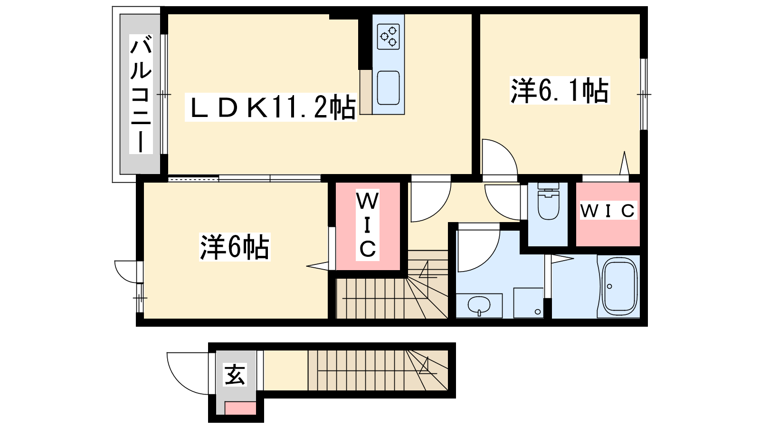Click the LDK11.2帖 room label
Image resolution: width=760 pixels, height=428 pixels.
tap(271, 107)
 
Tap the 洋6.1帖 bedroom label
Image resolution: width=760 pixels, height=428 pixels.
tap(560, 90)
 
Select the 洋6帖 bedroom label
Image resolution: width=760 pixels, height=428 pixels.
tap(235, 247)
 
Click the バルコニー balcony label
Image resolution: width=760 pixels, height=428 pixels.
tap(141, 96)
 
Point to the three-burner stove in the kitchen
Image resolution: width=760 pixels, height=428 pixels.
tap(389, 37)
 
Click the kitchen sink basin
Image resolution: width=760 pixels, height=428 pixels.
tap(388, 88)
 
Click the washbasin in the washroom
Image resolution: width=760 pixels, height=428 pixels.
tap(479, 305)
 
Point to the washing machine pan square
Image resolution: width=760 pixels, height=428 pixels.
tap(529, 303)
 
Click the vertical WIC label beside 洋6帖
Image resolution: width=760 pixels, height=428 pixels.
tap(368, 225)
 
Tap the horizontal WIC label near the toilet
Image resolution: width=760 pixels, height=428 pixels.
tap(608, 211)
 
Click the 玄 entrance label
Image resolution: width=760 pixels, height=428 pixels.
tap(235, 374)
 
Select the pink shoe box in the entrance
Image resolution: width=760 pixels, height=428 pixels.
tap(240, 408)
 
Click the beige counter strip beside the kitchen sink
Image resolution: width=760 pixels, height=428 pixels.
tap(366, 92)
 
